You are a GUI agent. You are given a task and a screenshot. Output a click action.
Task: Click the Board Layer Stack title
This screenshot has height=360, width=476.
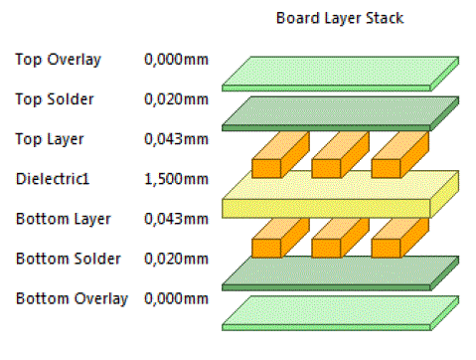(339, 19)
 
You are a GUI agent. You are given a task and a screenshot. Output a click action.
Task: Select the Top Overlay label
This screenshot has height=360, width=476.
(58, 60)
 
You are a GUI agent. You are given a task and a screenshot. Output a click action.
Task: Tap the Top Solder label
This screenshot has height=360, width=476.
(56, 99)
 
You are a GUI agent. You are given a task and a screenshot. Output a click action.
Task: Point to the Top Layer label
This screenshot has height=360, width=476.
(50, 139)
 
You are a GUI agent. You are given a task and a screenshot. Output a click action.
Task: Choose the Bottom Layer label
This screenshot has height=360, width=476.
(63, 219)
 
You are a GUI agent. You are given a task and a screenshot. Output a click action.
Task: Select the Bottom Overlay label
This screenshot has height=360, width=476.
(71, 298)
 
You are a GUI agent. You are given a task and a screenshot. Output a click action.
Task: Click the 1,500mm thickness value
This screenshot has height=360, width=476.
(176, 179)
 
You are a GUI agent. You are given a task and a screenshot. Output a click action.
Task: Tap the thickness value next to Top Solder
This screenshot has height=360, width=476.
(176, 99)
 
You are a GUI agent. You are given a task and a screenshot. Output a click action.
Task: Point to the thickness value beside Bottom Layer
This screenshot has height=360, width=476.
(176, 219)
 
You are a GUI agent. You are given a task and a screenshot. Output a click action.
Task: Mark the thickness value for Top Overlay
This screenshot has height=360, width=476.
(176, 60)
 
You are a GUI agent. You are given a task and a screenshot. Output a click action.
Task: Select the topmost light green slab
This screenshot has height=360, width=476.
(339, 72)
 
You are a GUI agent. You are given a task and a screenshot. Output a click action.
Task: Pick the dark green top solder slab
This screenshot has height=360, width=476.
(339, 112)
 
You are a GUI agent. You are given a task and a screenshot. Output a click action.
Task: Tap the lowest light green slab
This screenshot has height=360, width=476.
(339, 311)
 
